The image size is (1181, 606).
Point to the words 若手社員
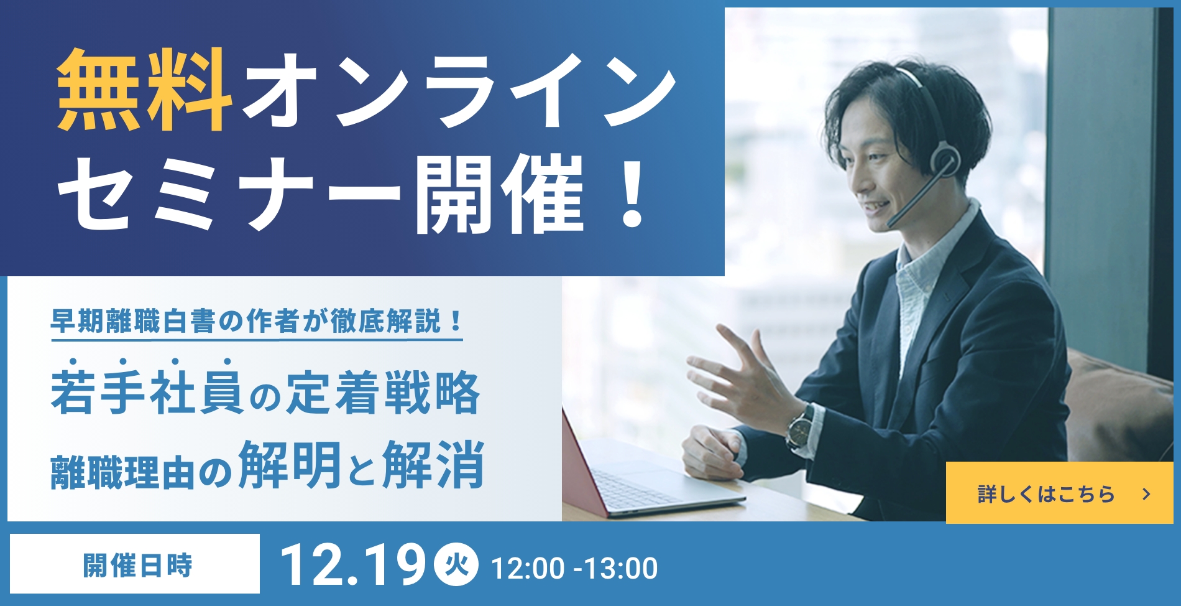[x=146, y=393]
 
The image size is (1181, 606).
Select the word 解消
[x=433, y=464]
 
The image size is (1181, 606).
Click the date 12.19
[x=352, y=566]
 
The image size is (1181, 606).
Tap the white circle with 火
[x=457, y=565]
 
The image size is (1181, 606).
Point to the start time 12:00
[x=528, y=569]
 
